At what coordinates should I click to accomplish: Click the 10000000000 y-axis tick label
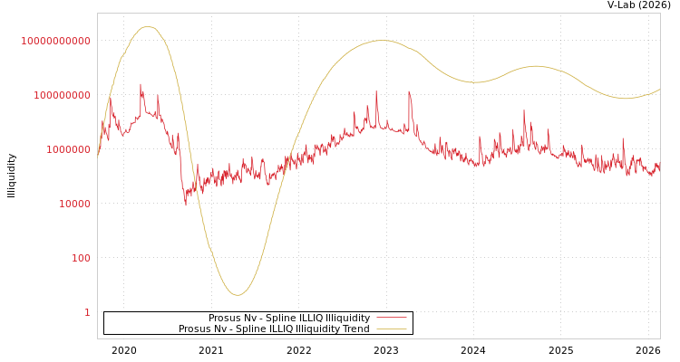[56, 41]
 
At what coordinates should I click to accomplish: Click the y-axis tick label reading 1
[87, 312]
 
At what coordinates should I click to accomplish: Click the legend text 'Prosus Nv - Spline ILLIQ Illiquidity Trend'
[274, 329]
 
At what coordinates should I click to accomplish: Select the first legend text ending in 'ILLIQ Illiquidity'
[289, 319]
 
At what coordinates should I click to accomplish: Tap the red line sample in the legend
[391, 318]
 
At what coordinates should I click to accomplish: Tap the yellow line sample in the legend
[391, 329]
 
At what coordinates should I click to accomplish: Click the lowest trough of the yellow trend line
[238, 295]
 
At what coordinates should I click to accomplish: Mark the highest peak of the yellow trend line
[148, 26]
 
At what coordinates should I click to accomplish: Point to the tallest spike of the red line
[141, 84]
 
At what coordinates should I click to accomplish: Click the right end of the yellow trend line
[659, 89]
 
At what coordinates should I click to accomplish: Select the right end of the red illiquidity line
[659, 168]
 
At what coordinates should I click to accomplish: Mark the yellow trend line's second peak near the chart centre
[383, 40]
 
